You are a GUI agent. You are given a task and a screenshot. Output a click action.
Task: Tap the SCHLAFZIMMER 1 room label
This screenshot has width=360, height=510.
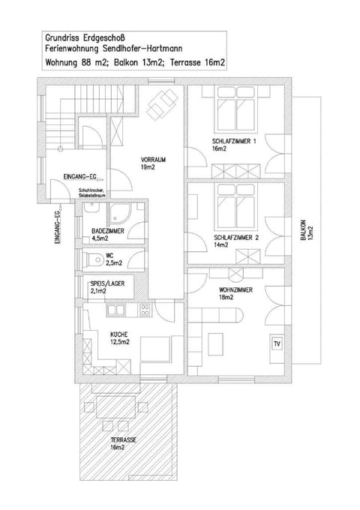[235, 145]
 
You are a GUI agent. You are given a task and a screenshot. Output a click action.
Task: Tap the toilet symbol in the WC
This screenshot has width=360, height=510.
[93, 259]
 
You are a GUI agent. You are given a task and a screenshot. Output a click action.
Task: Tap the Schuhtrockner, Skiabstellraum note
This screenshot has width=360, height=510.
[91, 194]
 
